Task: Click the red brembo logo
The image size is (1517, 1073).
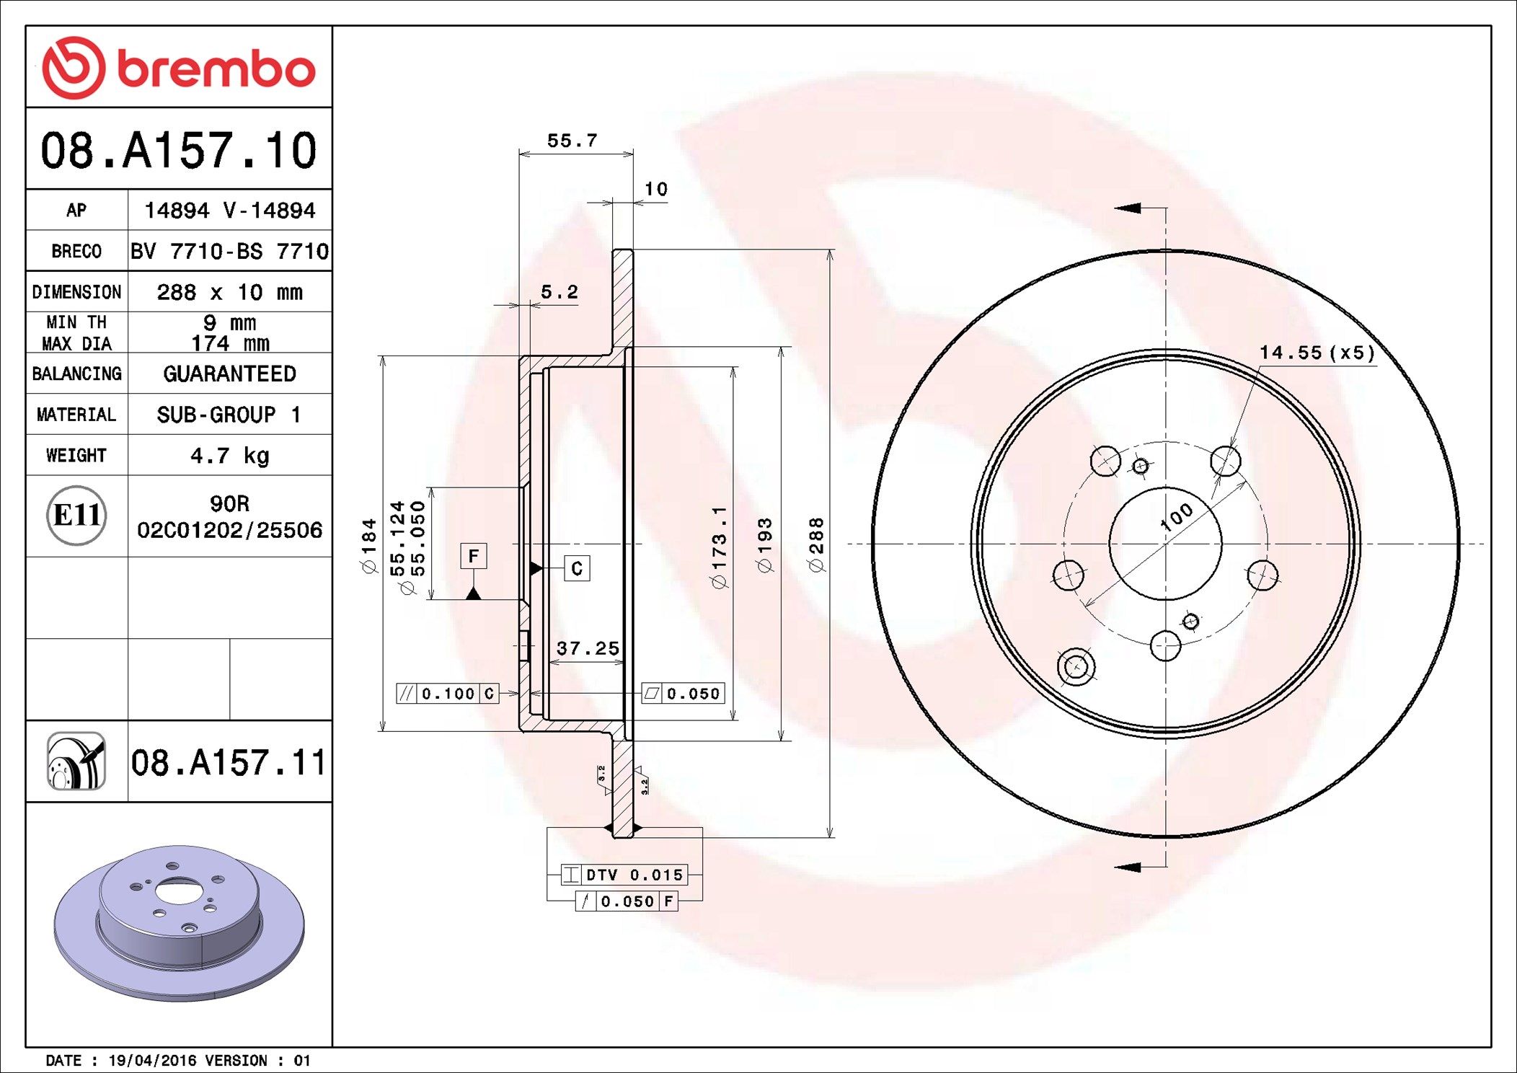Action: [178, 69]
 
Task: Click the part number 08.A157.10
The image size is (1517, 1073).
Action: [178, 151]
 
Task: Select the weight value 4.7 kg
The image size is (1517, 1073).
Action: [229, 455]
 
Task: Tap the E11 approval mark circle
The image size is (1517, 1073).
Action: [76, 516]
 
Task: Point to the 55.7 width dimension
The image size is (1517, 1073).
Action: [572, 141]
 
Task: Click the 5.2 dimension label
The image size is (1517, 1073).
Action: [559, 292]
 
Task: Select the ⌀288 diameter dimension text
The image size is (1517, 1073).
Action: [816, 544]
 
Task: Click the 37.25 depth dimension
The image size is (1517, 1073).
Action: [588, 648]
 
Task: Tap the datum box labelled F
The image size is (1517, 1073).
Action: [473, 556]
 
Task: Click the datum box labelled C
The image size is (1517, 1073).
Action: [577, 568]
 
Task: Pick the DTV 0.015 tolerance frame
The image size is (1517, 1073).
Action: [624, 875]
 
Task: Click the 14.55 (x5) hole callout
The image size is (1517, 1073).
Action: [1317, 353]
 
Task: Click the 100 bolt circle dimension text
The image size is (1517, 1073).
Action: [1176, 517]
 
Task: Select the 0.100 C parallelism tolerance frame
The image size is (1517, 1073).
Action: [448, 694]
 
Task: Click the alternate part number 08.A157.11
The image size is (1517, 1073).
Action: [229, 762]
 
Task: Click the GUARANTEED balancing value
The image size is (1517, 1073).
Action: [229, 374]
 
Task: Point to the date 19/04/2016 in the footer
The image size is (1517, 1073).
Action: [151, 1061]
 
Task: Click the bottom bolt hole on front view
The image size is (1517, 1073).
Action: [1165, 645]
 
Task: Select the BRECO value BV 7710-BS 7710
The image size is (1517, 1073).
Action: [229, 251]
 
